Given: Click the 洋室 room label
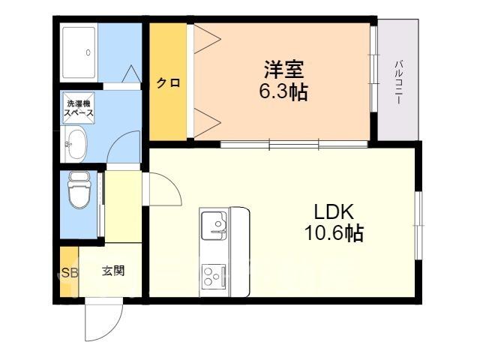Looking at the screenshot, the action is [283, 70].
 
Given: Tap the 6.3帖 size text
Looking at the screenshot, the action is [283, 91].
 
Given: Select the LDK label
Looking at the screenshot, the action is [334, 211].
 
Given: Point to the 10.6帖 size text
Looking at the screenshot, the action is [334, 233].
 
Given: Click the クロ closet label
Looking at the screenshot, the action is [168, 82].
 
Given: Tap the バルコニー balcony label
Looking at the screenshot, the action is [398, 82].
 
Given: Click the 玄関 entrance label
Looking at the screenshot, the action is [113, 271].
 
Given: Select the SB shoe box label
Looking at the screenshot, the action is [70, 272].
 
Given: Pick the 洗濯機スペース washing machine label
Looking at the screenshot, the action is [78, 108].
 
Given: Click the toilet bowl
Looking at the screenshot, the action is [79, 190].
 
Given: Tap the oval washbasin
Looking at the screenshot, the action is [76, 144].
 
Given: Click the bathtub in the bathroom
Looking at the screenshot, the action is [79, 52].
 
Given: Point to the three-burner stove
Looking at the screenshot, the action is [214, 277].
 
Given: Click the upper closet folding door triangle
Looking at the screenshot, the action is [208, 38].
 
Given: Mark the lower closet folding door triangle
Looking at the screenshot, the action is [208, 123].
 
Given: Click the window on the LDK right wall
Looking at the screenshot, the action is [418, 226].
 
